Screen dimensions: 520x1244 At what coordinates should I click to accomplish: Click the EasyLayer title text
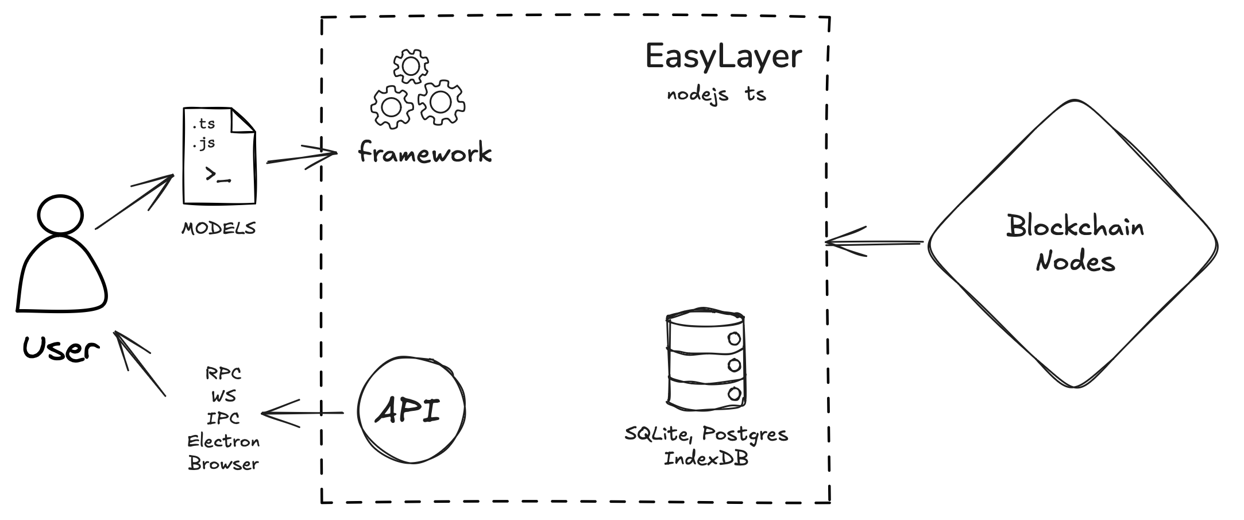723,57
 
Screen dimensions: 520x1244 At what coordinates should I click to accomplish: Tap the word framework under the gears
424,153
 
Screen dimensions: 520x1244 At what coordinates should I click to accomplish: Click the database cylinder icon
705,360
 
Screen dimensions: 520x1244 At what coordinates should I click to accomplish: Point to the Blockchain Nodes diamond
1073,244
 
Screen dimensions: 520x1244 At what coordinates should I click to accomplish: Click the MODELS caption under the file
218,229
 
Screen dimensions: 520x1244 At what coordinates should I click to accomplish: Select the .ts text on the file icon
203,124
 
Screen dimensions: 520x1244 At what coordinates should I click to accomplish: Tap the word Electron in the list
223,441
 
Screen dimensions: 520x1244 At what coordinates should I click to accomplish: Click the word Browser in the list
223,464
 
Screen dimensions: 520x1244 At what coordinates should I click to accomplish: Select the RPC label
223,373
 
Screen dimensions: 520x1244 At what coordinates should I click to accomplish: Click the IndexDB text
706,459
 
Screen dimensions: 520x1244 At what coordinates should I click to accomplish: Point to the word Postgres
745,434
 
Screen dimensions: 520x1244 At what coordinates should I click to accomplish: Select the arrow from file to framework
302,156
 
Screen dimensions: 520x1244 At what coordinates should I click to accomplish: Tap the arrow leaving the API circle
302,413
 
